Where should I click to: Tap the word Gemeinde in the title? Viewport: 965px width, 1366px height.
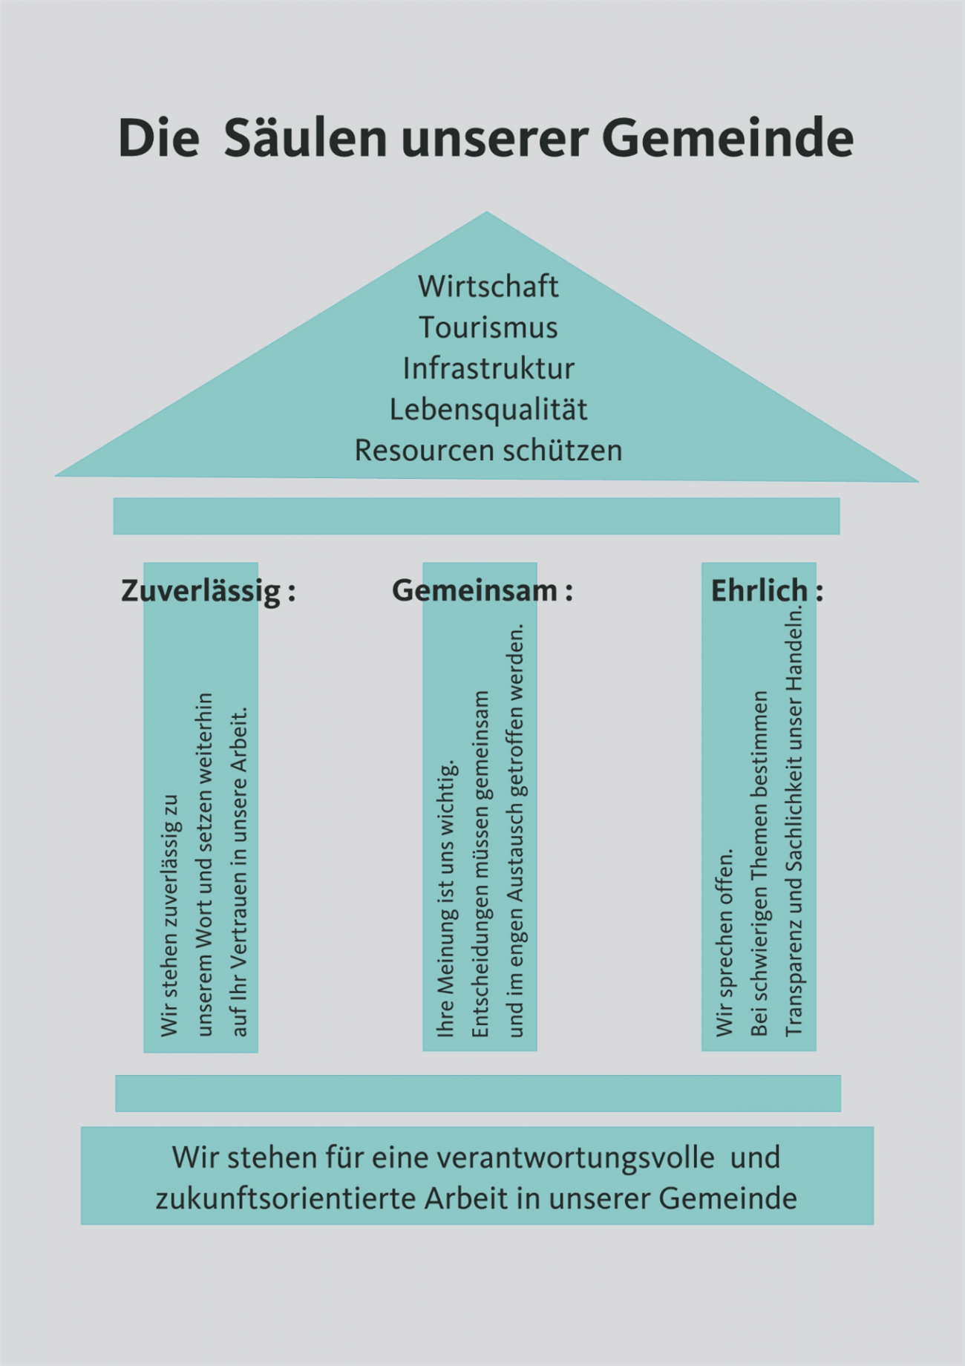click(727, 138)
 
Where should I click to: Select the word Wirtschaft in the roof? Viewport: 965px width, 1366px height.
click(488, 287)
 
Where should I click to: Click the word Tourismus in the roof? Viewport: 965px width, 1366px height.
click(488, 327)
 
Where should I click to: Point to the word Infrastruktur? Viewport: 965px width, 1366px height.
click(488, 368)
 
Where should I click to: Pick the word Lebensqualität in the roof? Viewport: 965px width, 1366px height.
click(488, 409)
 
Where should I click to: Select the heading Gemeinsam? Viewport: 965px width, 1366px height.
click(474, 590)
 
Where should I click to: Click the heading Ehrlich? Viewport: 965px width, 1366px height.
click(759, 590)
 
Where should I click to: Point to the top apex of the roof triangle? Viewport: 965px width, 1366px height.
click(487, 212)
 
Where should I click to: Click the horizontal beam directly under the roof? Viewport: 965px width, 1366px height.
click(477, 516)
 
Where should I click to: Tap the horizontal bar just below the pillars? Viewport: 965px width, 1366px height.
click(478, 1093)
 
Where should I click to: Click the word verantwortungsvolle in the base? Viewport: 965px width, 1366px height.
click(575, 1157)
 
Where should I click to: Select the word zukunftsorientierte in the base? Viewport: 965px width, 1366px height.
click(284, 1198)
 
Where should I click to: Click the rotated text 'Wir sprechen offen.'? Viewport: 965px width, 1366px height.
click(725, 942)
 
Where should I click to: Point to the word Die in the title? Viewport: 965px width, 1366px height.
click(159, 138)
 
